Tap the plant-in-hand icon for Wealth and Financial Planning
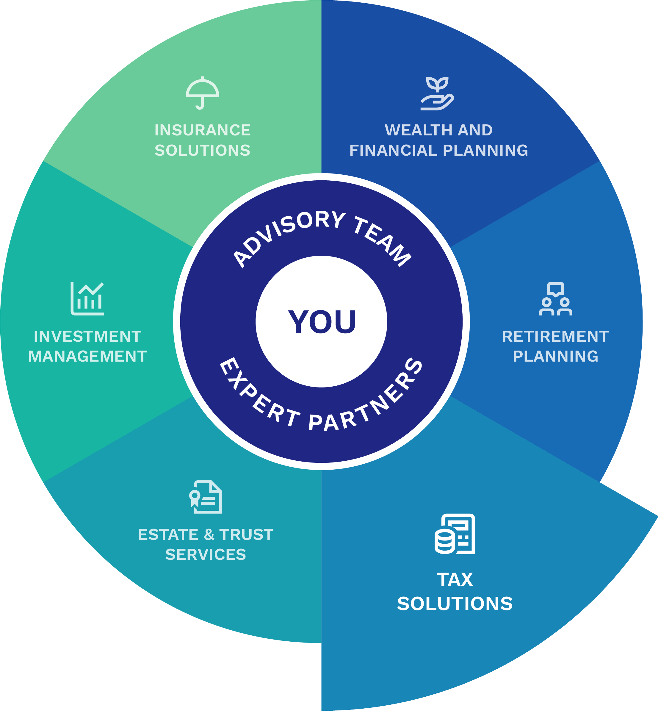pyautogui.click(x=437, y=94)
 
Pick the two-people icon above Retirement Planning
pyautogui.click(x=555, y=299)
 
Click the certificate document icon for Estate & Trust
pyautogui.click(x=206, y=497)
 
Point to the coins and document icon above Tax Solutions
pyautogui.click(x=455, y=534)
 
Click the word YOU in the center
pyautogui.click(x=322, y=322)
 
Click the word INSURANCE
pyautogui.click(x=202, y=130)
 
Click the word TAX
pyautogui.click(x=455, y=580)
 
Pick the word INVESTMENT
pyautogui.click(x=87, y=336)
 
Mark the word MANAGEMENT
pyautogui.click(x=87, y=356)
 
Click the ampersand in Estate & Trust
pyautogui.click(x=209, y=535)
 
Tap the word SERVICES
pyautogui.click(x=206, y=555)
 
